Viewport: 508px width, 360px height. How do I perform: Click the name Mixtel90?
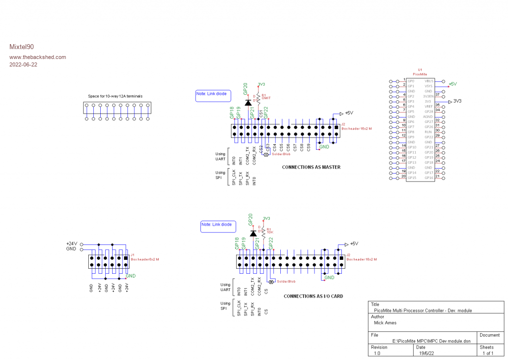tap(21, 47)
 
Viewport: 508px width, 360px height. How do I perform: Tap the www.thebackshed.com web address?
tap(38, 57)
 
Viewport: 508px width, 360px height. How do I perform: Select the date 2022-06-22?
tap(23, 64)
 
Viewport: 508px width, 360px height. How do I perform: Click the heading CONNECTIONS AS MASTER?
tap(311, 167)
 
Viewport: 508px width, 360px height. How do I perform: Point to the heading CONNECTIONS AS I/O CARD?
tap(313, 296)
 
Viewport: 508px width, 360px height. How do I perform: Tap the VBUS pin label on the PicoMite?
tap(429, 81)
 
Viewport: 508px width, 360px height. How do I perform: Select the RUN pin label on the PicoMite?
tap(429, 132)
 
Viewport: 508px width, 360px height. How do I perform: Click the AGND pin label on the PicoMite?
tap(428, 117)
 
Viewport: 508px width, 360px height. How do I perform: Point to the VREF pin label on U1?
tap(429, 106)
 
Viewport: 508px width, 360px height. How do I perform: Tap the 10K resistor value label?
tap(270, 232)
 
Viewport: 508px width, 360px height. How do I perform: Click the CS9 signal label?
tap(308, 147)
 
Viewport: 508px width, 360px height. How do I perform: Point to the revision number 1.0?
tap(378, 354)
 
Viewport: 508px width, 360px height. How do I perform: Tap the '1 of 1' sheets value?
tap(488, 354)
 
